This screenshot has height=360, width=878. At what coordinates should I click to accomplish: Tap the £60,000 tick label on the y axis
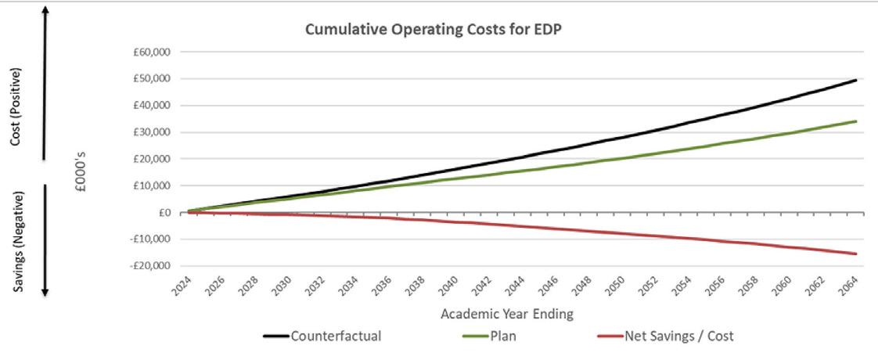coord(153,52)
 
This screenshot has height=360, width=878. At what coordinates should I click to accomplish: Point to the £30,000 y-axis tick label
coord(153,132)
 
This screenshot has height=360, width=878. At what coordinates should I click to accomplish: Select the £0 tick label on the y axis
coord(164,213)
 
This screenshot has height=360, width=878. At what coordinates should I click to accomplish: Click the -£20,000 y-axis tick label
coord(153,266)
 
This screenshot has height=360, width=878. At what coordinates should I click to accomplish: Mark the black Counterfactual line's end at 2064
coord(856,80)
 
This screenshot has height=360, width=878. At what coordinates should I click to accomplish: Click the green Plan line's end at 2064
coord(856,121)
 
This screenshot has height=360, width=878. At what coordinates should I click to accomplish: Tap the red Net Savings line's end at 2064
coord(856,254)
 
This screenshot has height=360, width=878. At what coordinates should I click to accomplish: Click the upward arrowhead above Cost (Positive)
coord(45,9)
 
